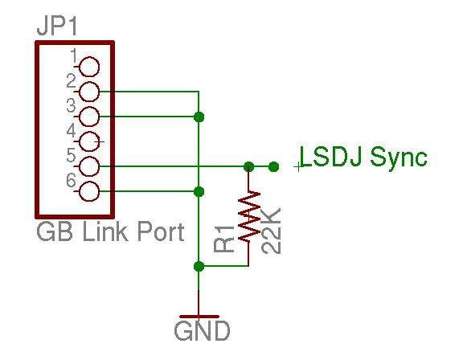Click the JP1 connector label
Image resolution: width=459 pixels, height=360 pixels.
click(57, 27)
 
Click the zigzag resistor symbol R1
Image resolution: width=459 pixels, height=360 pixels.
click(249, 217)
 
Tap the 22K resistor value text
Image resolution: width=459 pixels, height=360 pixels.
click(271, 231)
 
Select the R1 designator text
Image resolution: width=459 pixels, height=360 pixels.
click(224, 239)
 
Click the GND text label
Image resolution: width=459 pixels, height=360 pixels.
click(202, 331)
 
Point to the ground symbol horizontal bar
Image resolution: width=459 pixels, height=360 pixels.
click(199, 317)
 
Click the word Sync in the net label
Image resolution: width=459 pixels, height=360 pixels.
click(399, 158)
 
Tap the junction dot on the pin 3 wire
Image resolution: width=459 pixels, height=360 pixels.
click(199, 117)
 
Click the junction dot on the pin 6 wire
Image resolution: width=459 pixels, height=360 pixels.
click(199, 192)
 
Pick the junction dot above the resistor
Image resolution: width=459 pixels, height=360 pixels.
click(249, 166)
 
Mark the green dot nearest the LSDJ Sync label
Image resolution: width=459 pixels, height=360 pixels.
click(273, 166)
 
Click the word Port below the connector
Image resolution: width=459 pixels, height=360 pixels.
click(161, 231)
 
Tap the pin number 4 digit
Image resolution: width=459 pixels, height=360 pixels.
click(71, 130)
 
